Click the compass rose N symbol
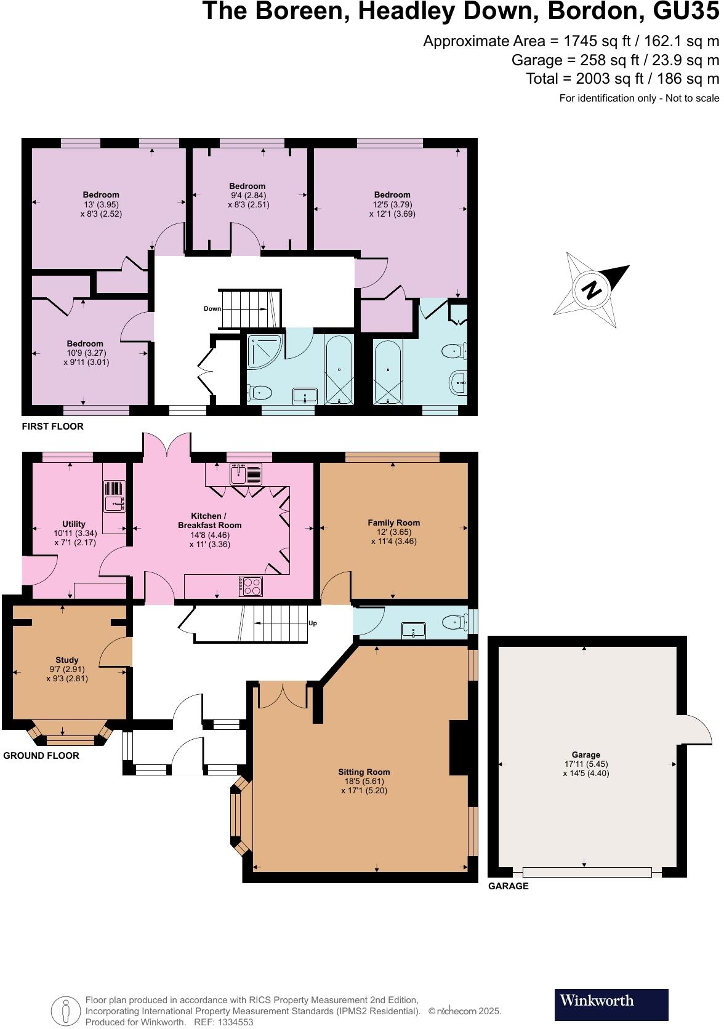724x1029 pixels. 592,289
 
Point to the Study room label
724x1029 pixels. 67,660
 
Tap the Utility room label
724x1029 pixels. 74,524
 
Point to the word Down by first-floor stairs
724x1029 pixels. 212,309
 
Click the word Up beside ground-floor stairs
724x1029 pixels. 313,623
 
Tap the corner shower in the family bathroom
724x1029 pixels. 263,350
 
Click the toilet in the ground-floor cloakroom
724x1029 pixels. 454,623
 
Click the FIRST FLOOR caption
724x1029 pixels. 53,426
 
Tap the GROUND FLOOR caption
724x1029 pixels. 42,756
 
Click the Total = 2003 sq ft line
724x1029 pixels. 622,79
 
